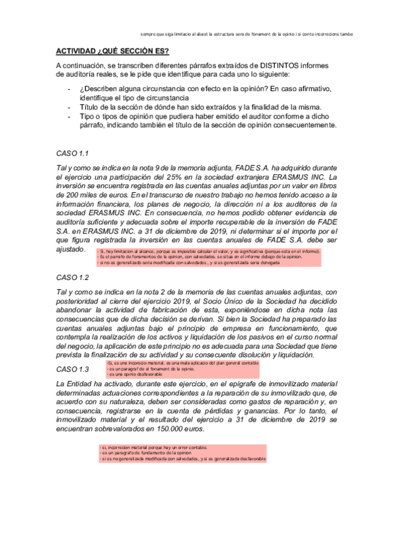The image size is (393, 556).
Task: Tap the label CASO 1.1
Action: [x=72, y=153]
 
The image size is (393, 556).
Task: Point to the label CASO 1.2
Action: [x=72, y=278]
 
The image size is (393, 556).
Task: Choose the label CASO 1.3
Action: [x=72, y=369]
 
